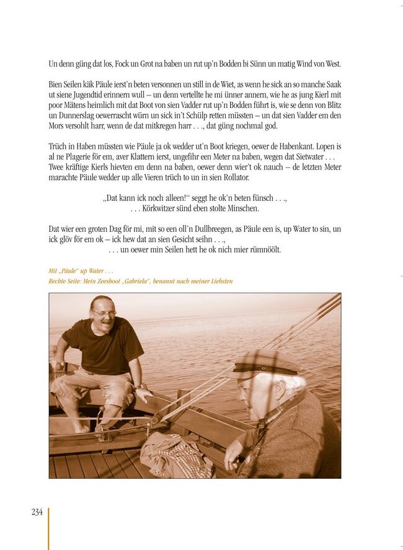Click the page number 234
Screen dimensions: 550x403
37,512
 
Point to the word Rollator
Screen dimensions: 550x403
233,178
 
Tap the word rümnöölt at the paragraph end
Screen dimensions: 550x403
263,250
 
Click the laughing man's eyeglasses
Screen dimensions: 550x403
103,314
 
